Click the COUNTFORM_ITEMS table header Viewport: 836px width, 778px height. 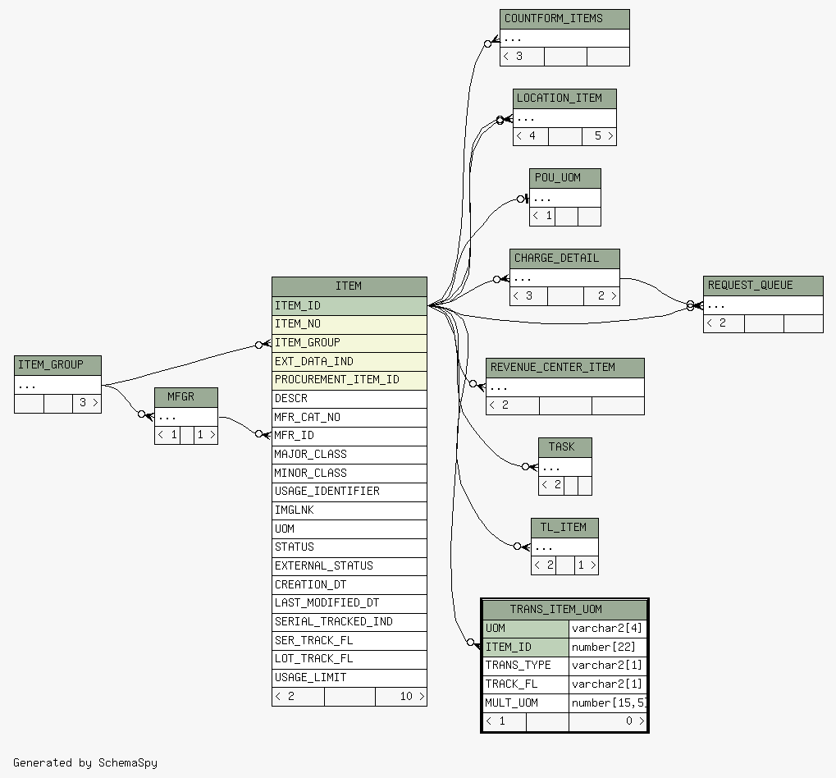564,19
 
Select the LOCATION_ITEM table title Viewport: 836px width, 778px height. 564,98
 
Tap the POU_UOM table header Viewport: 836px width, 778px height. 565,178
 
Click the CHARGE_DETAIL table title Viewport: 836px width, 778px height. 564,259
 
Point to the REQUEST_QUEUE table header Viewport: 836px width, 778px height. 763,286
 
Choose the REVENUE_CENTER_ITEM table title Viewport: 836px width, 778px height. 565,368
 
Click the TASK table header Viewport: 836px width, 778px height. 565,447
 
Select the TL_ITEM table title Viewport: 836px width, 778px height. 564,528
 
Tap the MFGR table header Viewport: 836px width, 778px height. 186,397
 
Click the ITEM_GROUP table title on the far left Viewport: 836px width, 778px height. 57,365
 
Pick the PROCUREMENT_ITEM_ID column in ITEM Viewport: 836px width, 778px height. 349,380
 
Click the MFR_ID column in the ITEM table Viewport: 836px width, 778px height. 349,437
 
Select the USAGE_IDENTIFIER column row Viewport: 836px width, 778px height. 349,492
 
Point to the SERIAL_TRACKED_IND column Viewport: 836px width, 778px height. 349,622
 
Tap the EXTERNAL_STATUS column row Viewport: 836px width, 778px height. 349,566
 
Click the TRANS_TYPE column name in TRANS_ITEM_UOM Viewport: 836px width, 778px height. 526,666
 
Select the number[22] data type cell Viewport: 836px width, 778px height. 608,648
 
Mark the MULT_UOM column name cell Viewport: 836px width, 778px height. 526,703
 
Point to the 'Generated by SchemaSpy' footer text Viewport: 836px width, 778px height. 85,763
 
